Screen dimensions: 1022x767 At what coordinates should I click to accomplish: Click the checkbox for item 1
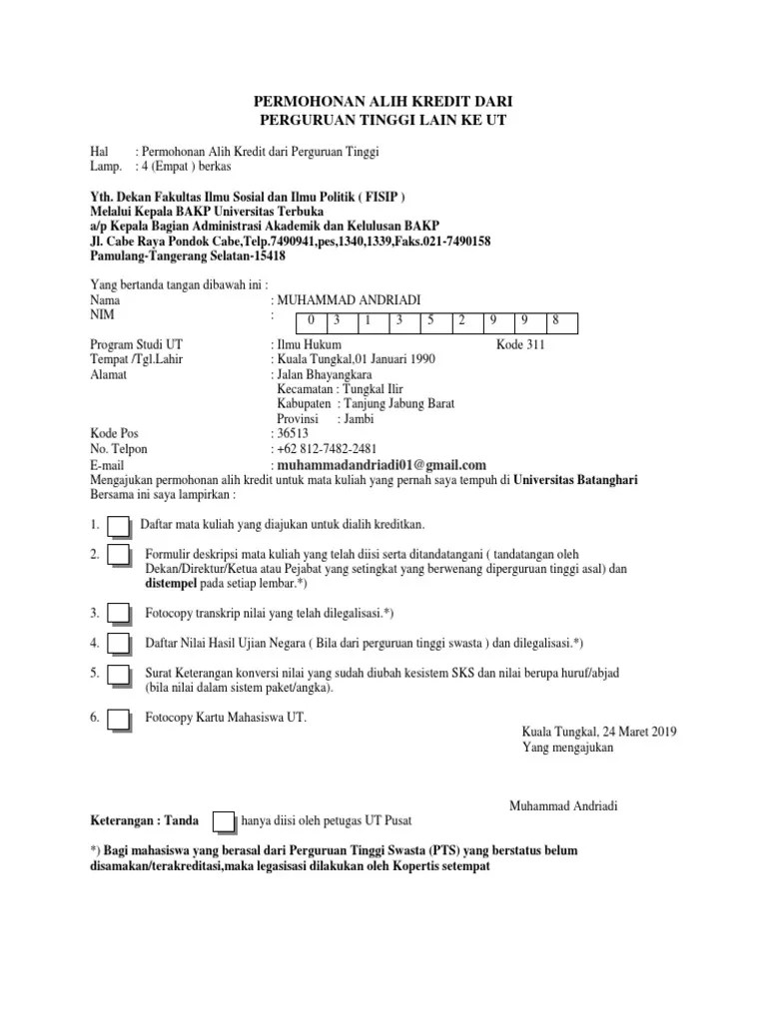(x=119, y=526)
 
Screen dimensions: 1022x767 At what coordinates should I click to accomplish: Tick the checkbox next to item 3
(x=119, y=614)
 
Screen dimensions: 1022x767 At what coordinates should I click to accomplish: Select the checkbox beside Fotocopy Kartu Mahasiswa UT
(x=119, y=720)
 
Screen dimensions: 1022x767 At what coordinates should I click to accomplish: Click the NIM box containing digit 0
(x=312, y=321)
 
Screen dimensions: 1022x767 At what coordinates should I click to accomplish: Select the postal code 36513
(x=293, y=434)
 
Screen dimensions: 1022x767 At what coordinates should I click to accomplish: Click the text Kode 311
(x=521, y=344)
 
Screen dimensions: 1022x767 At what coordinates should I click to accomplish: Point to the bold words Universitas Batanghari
(x=576, y=480)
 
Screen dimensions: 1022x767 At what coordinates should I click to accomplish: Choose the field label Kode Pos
(x=112, y=434)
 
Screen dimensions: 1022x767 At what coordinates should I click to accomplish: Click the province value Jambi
(x=359, y=419)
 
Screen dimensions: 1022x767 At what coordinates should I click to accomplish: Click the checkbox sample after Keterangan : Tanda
(x=225, y=821)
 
